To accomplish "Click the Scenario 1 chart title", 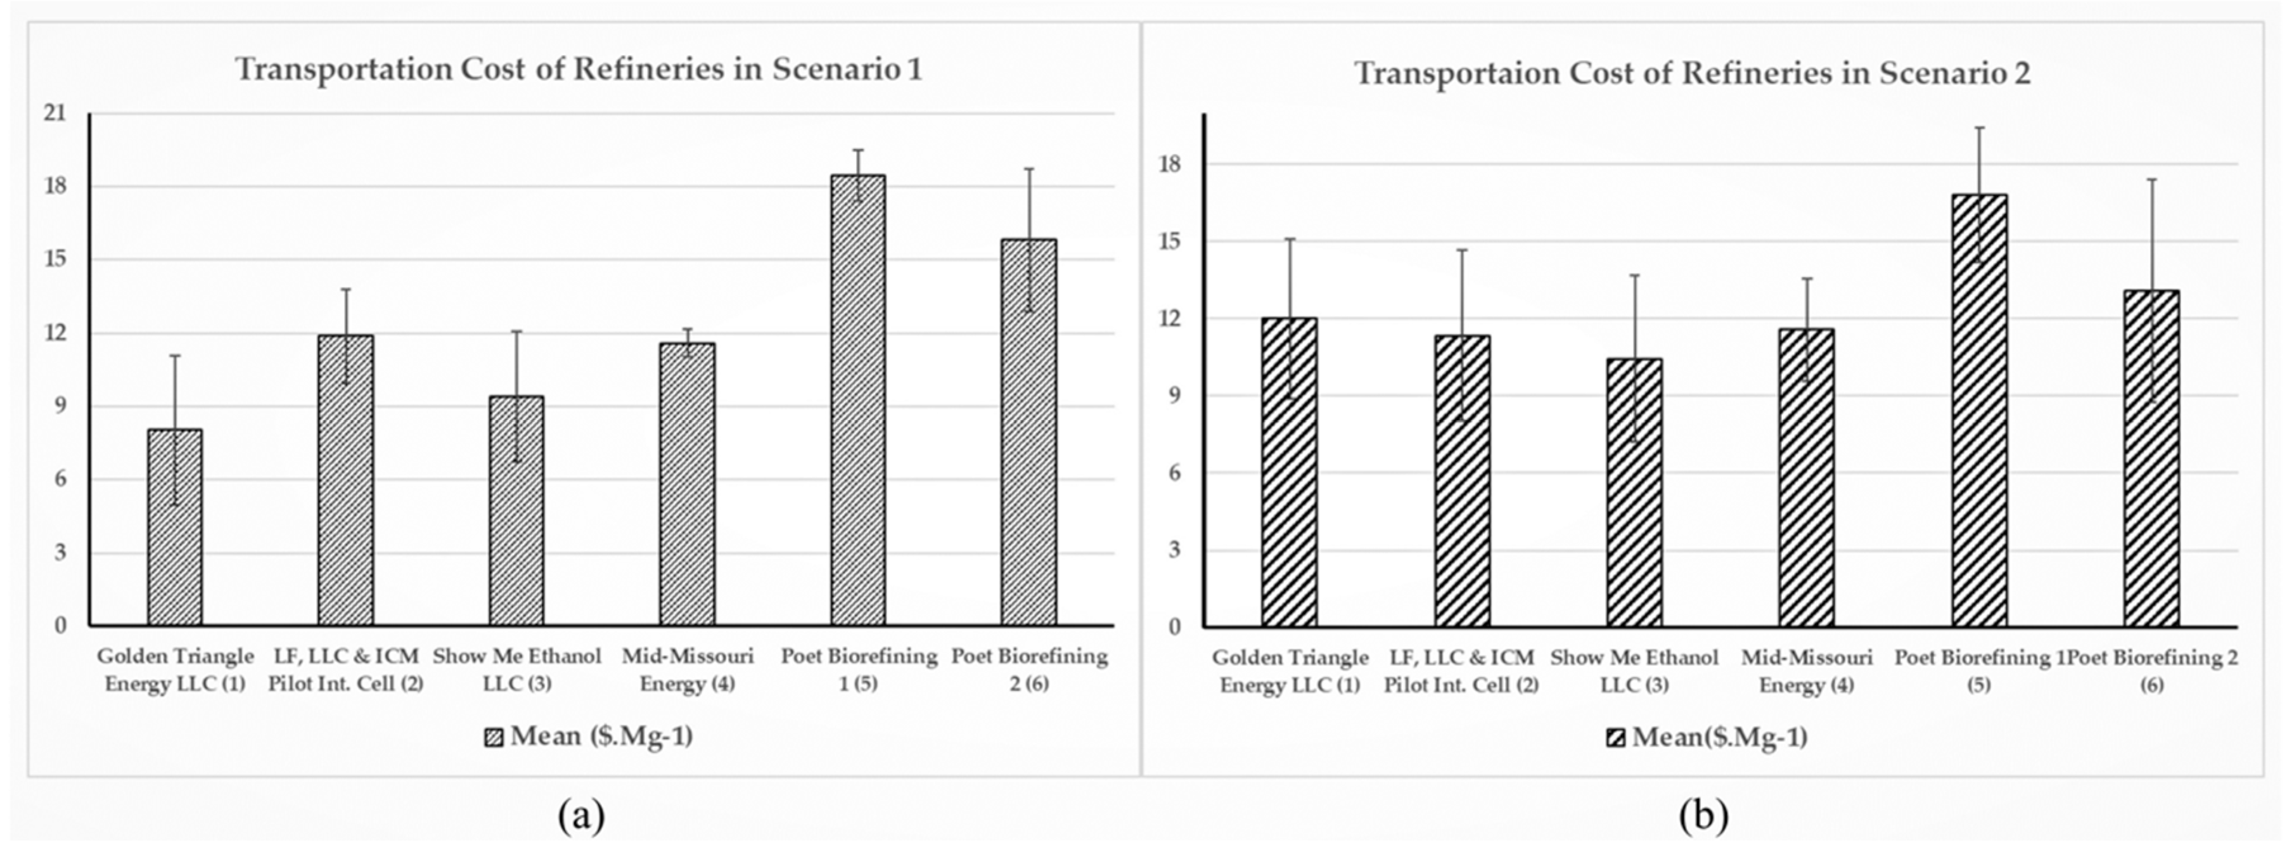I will [x=579, y=70].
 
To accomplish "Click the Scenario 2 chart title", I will [x=1692, y=73].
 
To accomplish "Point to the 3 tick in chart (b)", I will [x=1176, y=550].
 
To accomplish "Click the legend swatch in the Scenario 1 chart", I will [x=494, y=738].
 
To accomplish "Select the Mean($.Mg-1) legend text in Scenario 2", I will [x=1719, y=738].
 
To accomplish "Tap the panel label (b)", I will [x=1703, y=815].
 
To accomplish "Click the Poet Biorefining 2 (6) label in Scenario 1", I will [x=1030, y=670].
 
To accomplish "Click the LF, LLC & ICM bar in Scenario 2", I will [x=1461, y=481].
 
